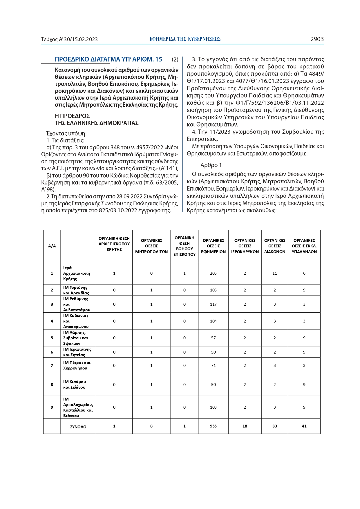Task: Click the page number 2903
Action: (317, 39)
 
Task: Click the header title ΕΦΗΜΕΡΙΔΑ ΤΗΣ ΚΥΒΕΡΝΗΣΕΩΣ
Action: (185, 39)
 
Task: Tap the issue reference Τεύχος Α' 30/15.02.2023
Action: (69, 39)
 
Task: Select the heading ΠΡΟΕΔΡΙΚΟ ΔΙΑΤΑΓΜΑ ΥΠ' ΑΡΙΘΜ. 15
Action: (108, 59)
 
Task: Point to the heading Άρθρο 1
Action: (211, 165)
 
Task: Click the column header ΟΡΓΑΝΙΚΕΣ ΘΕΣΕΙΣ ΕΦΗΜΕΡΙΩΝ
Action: (213, 246)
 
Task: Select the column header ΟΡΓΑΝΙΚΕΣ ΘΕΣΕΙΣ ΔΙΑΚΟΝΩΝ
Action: (275, 246)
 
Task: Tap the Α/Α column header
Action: (52, 246)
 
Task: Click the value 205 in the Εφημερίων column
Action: (213, 273)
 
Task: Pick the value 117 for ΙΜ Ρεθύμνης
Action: (213, 304)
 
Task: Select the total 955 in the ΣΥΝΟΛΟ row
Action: (213, 426)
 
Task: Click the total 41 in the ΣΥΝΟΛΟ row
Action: (304, 426)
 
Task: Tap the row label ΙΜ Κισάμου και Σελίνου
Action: (75, 385)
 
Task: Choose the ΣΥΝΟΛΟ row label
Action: (78, 427)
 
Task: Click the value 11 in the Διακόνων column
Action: (275, 273)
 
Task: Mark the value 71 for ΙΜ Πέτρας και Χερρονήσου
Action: (213, 365)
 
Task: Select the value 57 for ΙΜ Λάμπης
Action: (213, 338)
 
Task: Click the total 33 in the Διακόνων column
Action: (275, 426)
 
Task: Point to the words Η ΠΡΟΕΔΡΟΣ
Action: (72, 116)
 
